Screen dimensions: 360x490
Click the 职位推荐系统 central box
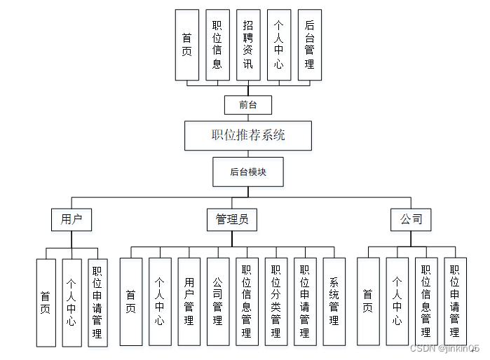[x=248, y=135]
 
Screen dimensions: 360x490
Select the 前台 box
[x=247, y=105]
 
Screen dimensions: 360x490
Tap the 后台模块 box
[x=248, y=172]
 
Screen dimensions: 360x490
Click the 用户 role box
[x=72, y=219]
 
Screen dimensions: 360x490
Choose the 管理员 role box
[x=231, y=219]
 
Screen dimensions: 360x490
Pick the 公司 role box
[x=411, y=219]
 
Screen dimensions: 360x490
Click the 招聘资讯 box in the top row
[x=248, y=44]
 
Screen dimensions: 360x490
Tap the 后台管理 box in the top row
[x=309, y=44]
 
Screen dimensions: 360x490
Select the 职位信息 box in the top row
[x=217, y=44]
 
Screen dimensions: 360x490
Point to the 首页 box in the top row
[x=186, y=44]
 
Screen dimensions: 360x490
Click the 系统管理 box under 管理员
[x=334, y=302]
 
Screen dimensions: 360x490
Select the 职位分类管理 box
[x=275, y=302]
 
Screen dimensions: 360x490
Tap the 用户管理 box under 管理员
[x=189, y=302]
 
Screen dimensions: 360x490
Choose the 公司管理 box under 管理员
[x=217, y=302]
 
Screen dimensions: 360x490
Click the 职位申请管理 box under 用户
[x=97, y=303]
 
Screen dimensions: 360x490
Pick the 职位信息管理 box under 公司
[x=426, y=302]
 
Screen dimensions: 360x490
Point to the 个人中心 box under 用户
[x=72, y=303]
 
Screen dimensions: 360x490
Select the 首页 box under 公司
[x=368, y=302]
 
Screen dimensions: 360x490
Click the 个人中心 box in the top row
[x=279, y=44]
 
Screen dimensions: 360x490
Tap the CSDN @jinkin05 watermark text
[x=444, y=348]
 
